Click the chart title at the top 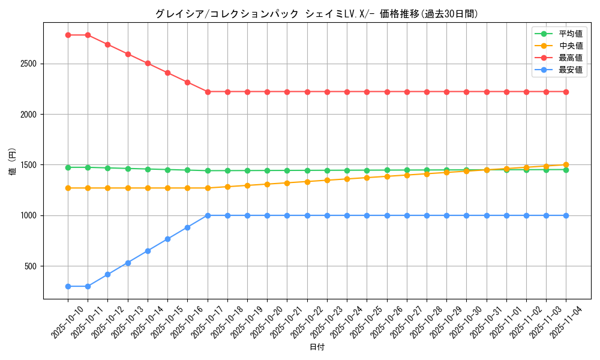click(x=317, y=14)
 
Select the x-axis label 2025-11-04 click(x=558, y=321)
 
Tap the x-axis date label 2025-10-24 click(x=339, y=321)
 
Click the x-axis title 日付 click(x=317, y=347)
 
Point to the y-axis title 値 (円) click(x=12, y=161)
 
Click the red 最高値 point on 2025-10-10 click(x=68, y=35)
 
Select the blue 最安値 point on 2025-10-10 click(x=68, y=286)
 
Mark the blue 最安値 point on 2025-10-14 click(x=148, y=251)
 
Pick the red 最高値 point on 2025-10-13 click(x=128, y=54)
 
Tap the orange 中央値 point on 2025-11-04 click(x=566, y=164)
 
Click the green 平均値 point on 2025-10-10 click(x=68, y=167)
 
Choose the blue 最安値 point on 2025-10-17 click(x=208, y=215)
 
